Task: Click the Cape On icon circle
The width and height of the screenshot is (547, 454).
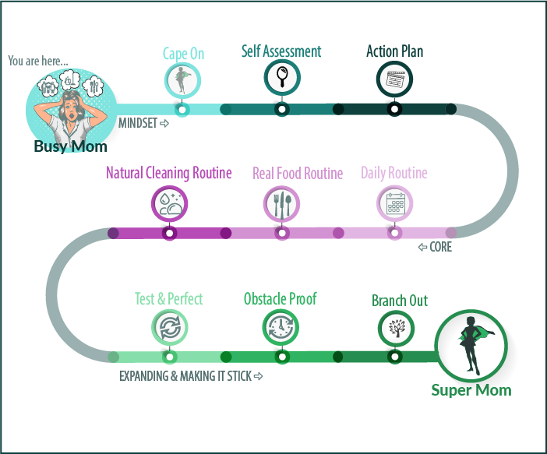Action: point(183,79)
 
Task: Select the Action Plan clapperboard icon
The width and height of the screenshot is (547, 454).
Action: point(394,79)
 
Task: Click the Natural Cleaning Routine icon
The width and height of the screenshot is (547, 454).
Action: point(169,204)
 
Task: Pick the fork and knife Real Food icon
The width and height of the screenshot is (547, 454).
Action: point(281,204)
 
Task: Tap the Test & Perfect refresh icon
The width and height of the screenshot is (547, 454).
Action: point(169,327)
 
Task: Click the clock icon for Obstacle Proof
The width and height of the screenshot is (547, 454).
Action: point(281,327)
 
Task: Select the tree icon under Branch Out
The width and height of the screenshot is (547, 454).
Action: point(395,328)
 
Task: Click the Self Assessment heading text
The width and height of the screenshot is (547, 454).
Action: point(281,51)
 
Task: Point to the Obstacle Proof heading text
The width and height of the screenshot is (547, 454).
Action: point(281,299)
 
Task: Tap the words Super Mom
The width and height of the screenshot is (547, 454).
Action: point(471,390)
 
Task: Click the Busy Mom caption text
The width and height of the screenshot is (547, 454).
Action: point(71,146)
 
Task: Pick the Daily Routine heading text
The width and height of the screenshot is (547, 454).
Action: point(394,173)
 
